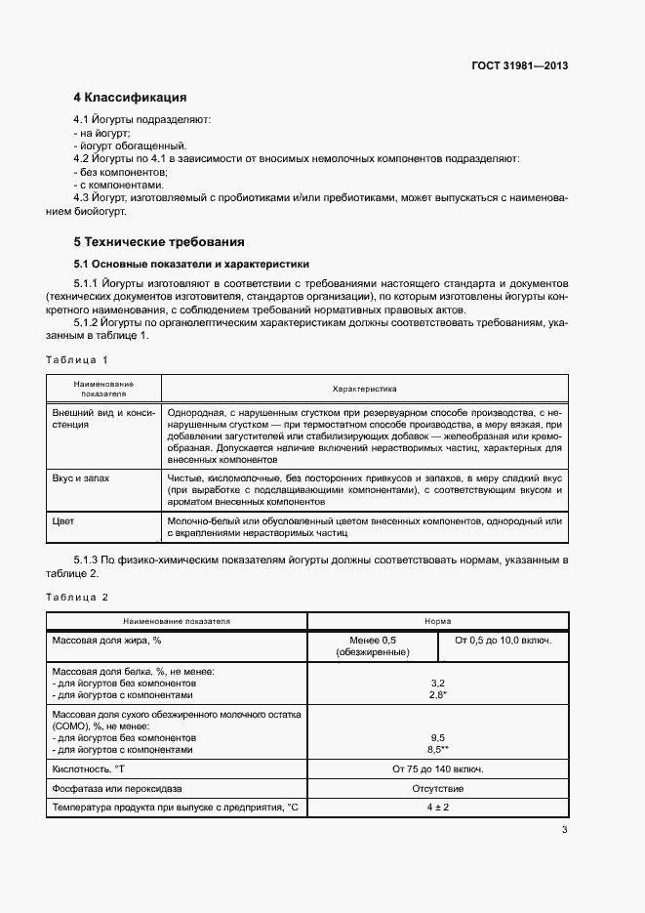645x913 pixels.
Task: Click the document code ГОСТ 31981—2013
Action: (x=518, y=66)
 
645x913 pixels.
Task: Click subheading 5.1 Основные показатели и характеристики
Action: (x=191, y=264)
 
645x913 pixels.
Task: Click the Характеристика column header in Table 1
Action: (x=364, y=388)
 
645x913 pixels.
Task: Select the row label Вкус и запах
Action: (x=81, y=478)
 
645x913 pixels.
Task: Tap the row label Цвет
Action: (x=63, y=521)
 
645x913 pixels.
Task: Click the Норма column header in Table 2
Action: (x=437, y=621)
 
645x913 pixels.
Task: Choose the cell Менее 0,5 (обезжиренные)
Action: (x=372, y=645)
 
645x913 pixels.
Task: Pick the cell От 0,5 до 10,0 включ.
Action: (x=503, y=640)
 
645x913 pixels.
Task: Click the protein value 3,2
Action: (x=437, y=684)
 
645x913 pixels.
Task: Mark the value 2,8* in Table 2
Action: (x=438, y=696)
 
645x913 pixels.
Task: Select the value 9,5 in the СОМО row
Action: (x=437, y=738)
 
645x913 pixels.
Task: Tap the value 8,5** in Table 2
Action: (x=438, y=751)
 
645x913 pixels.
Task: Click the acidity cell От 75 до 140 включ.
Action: (x=437, y=769)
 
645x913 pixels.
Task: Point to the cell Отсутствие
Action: (x=437, y=788)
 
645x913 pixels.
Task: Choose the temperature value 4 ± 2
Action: (x=437, y=808)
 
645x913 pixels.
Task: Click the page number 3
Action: (x=564, y=831)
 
